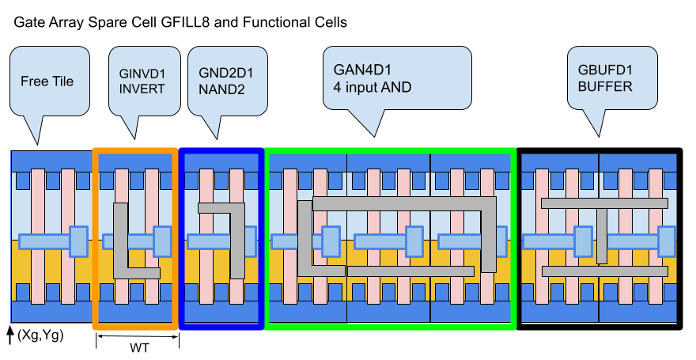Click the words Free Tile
click(47, 81)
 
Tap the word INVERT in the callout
click(142, 89)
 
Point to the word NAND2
click(221, 89)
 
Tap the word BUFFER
click(605, 86)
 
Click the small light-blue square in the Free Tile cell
click(78, 241)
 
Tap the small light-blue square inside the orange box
click(162, 241)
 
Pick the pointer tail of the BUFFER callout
click(593, 122)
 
